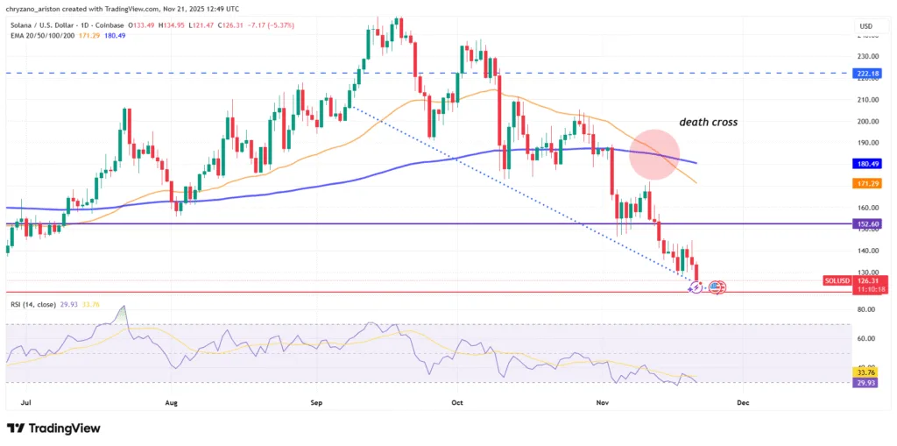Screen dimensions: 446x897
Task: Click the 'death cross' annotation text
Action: (x=709, y=123)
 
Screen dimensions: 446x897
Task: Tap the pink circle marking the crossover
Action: (x=654, y=153)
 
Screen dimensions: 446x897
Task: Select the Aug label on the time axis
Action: (x=171, y=403)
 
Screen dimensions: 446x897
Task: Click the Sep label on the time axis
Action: (x=317, y=403)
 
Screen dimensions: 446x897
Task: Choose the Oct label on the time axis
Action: (x=456, y=403)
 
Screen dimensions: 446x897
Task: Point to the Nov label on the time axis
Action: (x=602, y=403)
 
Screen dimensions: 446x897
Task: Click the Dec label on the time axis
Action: (x=743, y=403)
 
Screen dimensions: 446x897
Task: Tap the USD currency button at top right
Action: (x=866, y=26)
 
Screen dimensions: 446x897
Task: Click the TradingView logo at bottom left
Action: (x=53, y=428)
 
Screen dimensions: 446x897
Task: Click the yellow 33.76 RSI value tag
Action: (x=866, y=372)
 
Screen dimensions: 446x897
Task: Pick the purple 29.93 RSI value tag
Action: (x=866, y=382)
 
